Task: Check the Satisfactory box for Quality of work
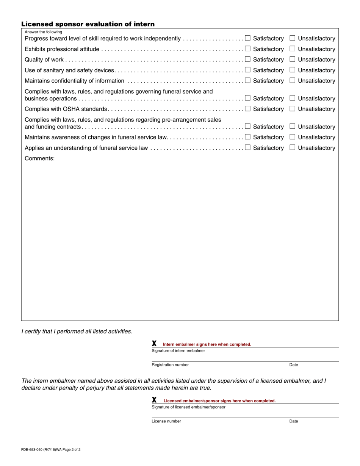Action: pyautogui.click(x=247, y=59)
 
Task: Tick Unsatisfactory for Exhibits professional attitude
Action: pyautogui.click(x=292, y=48)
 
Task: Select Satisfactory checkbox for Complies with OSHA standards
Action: pyautogui.click(x=247, y=108)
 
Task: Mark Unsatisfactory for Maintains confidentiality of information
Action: pyautogui.click(x=292, y=80)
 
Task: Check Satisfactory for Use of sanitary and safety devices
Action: pyautogui.click(x=247, y=70)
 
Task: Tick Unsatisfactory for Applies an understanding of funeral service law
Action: pyautogui.click(x=292, y=147)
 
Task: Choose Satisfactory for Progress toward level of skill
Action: pyautogui.click(x=247, y=38)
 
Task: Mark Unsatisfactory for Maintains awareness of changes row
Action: pyautogui.click(x=292, y=137)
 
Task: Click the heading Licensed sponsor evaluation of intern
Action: pyautogui.click(x=88, y=24)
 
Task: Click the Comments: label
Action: pyautogui.click(x=40, y=158)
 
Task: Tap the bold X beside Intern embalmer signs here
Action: pyautogui.click(x=154, y=344)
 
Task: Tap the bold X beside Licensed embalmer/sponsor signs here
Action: pyautogui.click(x=154, y=400)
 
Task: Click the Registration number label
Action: pyautogui.click(x=170, y=365)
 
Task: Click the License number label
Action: pyautogui.click(x=166, y=421)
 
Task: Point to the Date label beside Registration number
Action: pyautogui.click(x=294, y=365)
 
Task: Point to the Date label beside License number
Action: pyautogui.click(x=294, y=421)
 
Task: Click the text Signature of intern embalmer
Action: pyautogui.click(x=178, y=351)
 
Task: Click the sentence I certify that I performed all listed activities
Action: pyautogui.click(x=77, y=332)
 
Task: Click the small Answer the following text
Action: pyautogui.click(x=43, y=32)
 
